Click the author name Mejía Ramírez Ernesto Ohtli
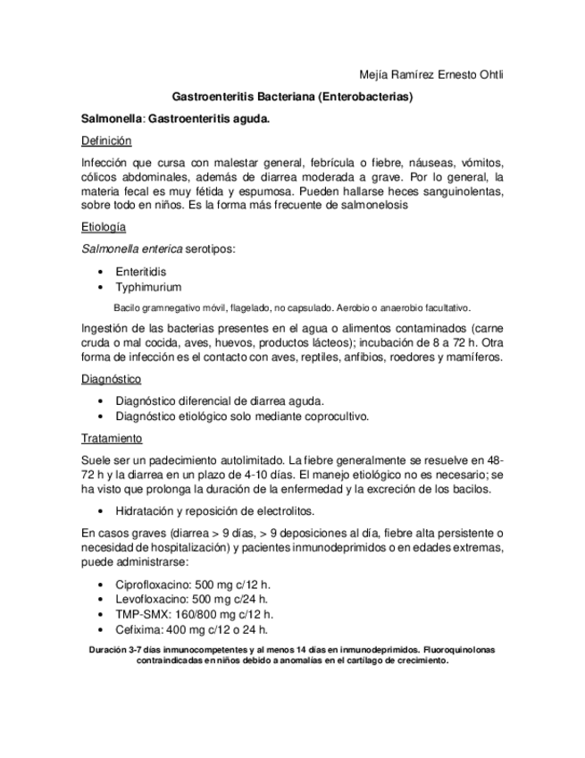pyautogui.click(x=430, y=74)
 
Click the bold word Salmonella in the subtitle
pyautogui.click(x=112, y=119)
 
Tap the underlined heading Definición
pyautogui.click(x=106, y=141)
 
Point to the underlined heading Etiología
pyautogui.click(x=103, y=229)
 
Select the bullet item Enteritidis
pyautogui.click(x=140, y=271)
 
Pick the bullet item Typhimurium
pyautogui.click(x=148, y=287)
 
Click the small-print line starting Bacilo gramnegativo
pyautogui.click(x=292, y=307)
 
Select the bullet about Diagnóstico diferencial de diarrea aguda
pyautogui.click(x=220, y=400)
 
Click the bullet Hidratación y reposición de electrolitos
pyautogui.click(x=214, y=511)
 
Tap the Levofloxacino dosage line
pyautogui.click(x=191, y=599)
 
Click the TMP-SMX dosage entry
pyautogui.click(x=194, y=614)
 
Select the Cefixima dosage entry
pyautogui.click(x=191, y=629)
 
